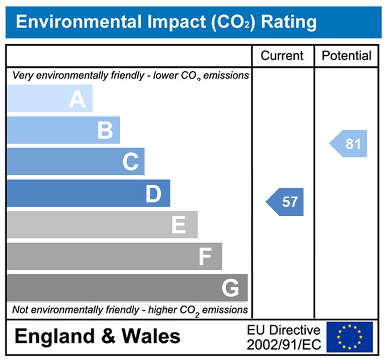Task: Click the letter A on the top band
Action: (77, 99)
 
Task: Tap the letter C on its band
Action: (130, 162)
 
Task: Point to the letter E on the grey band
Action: (178, 225)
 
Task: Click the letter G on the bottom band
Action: (230, 288)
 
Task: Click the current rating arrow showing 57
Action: (286, 202)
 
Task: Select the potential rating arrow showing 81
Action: (349, 144)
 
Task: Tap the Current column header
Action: (282, 56)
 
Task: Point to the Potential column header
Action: (347, 56)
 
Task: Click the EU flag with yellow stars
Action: (349, 337)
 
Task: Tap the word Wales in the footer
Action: (150, 336)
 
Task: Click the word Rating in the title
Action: (289, 22)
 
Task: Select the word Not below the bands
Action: (20, 310)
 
